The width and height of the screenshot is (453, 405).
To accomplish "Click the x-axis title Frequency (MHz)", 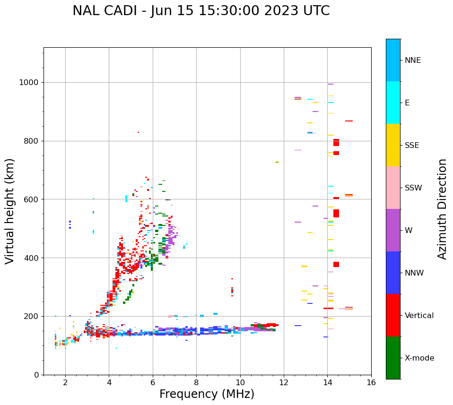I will pos(207,394).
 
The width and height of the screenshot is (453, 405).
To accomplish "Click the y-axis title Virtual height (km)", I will pos(10,211).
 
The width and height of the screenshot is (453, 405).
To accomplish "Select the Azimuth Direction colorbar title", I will pos(442,209).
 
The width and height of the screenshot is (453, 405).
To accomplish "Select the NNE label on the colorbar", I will pos(412,60).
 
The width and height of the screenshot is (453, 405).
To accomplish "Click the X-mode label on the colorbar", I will pos(419,358).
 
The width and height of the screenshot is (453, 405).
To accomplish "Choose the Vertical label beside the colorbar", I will pos(419,316).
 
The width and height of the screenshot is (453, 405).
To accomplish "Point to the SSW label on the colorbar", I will pos(413,188).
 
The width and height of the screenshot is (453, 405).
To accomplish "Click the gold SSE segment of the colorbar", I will pos(393,145).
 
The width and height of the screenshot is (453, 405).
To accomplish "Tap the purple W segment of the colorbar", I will pos(393,230).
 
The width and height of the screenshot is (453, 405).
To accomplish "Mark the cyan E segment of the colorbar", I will pos(393,103).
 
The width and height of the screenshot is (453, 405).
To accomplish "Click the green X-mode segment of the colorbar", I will pos(393,358).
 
